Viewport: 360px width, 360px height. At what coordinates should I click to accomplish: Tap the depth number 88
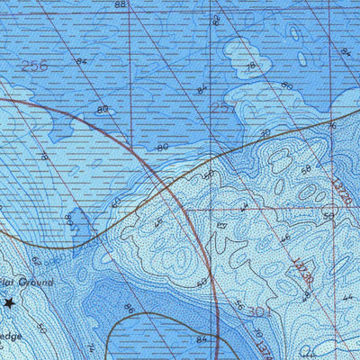121,4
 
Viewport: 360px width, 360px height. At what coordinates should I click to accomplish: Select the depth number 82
215,19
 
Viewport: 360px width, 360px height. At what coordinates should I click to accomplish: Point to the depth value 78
253,67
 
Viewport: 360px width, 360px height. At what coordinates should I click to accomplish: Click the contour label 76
331,127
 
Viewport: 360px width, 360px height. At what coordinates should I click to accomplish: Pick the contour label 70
264,132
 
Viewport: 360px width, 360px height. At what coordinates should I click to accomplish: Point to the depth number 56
238,303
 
